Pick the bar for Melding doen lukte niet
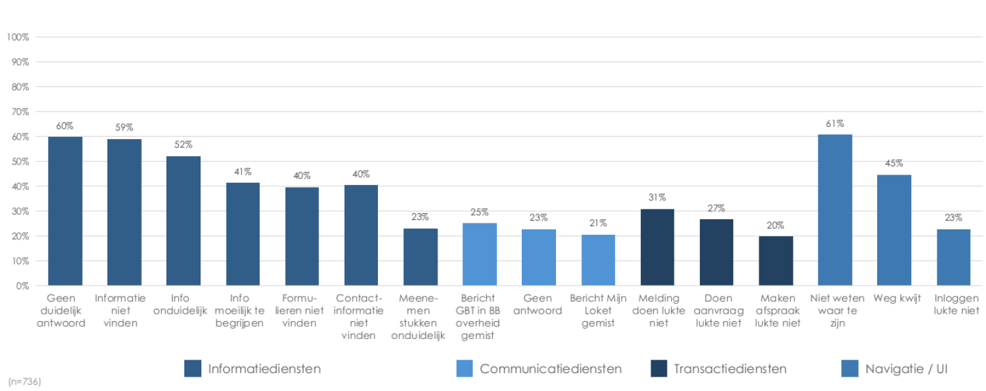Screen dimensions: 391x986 tap(657, 247)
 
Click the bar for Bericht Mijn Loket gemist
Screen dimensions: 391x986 tap(598, 260)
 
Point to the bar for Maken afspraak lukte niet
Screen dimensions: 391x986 tap(776, 261)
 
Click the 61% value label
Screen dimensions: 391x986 tap(835, 125)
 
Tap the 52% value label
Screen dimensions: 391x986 tap(184, 145)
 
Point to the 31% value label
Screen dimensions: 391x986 tap(657, 198)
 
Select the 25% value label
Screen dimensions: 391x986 tap(479, 212)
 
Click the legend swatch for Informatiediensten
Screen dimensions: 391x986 tap(193, 368)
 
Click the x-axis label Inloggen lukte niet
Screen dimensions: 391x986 tap(953, 304)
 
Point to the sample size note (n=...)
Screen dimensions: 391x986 tap(25, 381)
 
